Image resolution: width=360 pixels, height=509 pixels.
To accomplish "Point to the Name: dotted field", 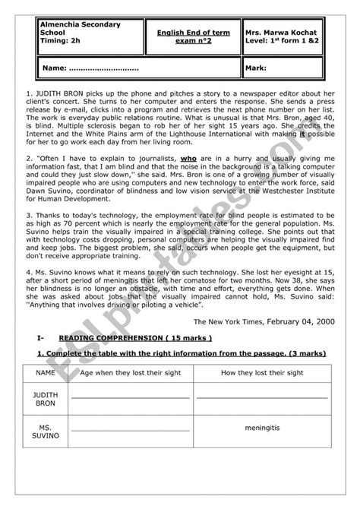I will pos(91,68).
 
